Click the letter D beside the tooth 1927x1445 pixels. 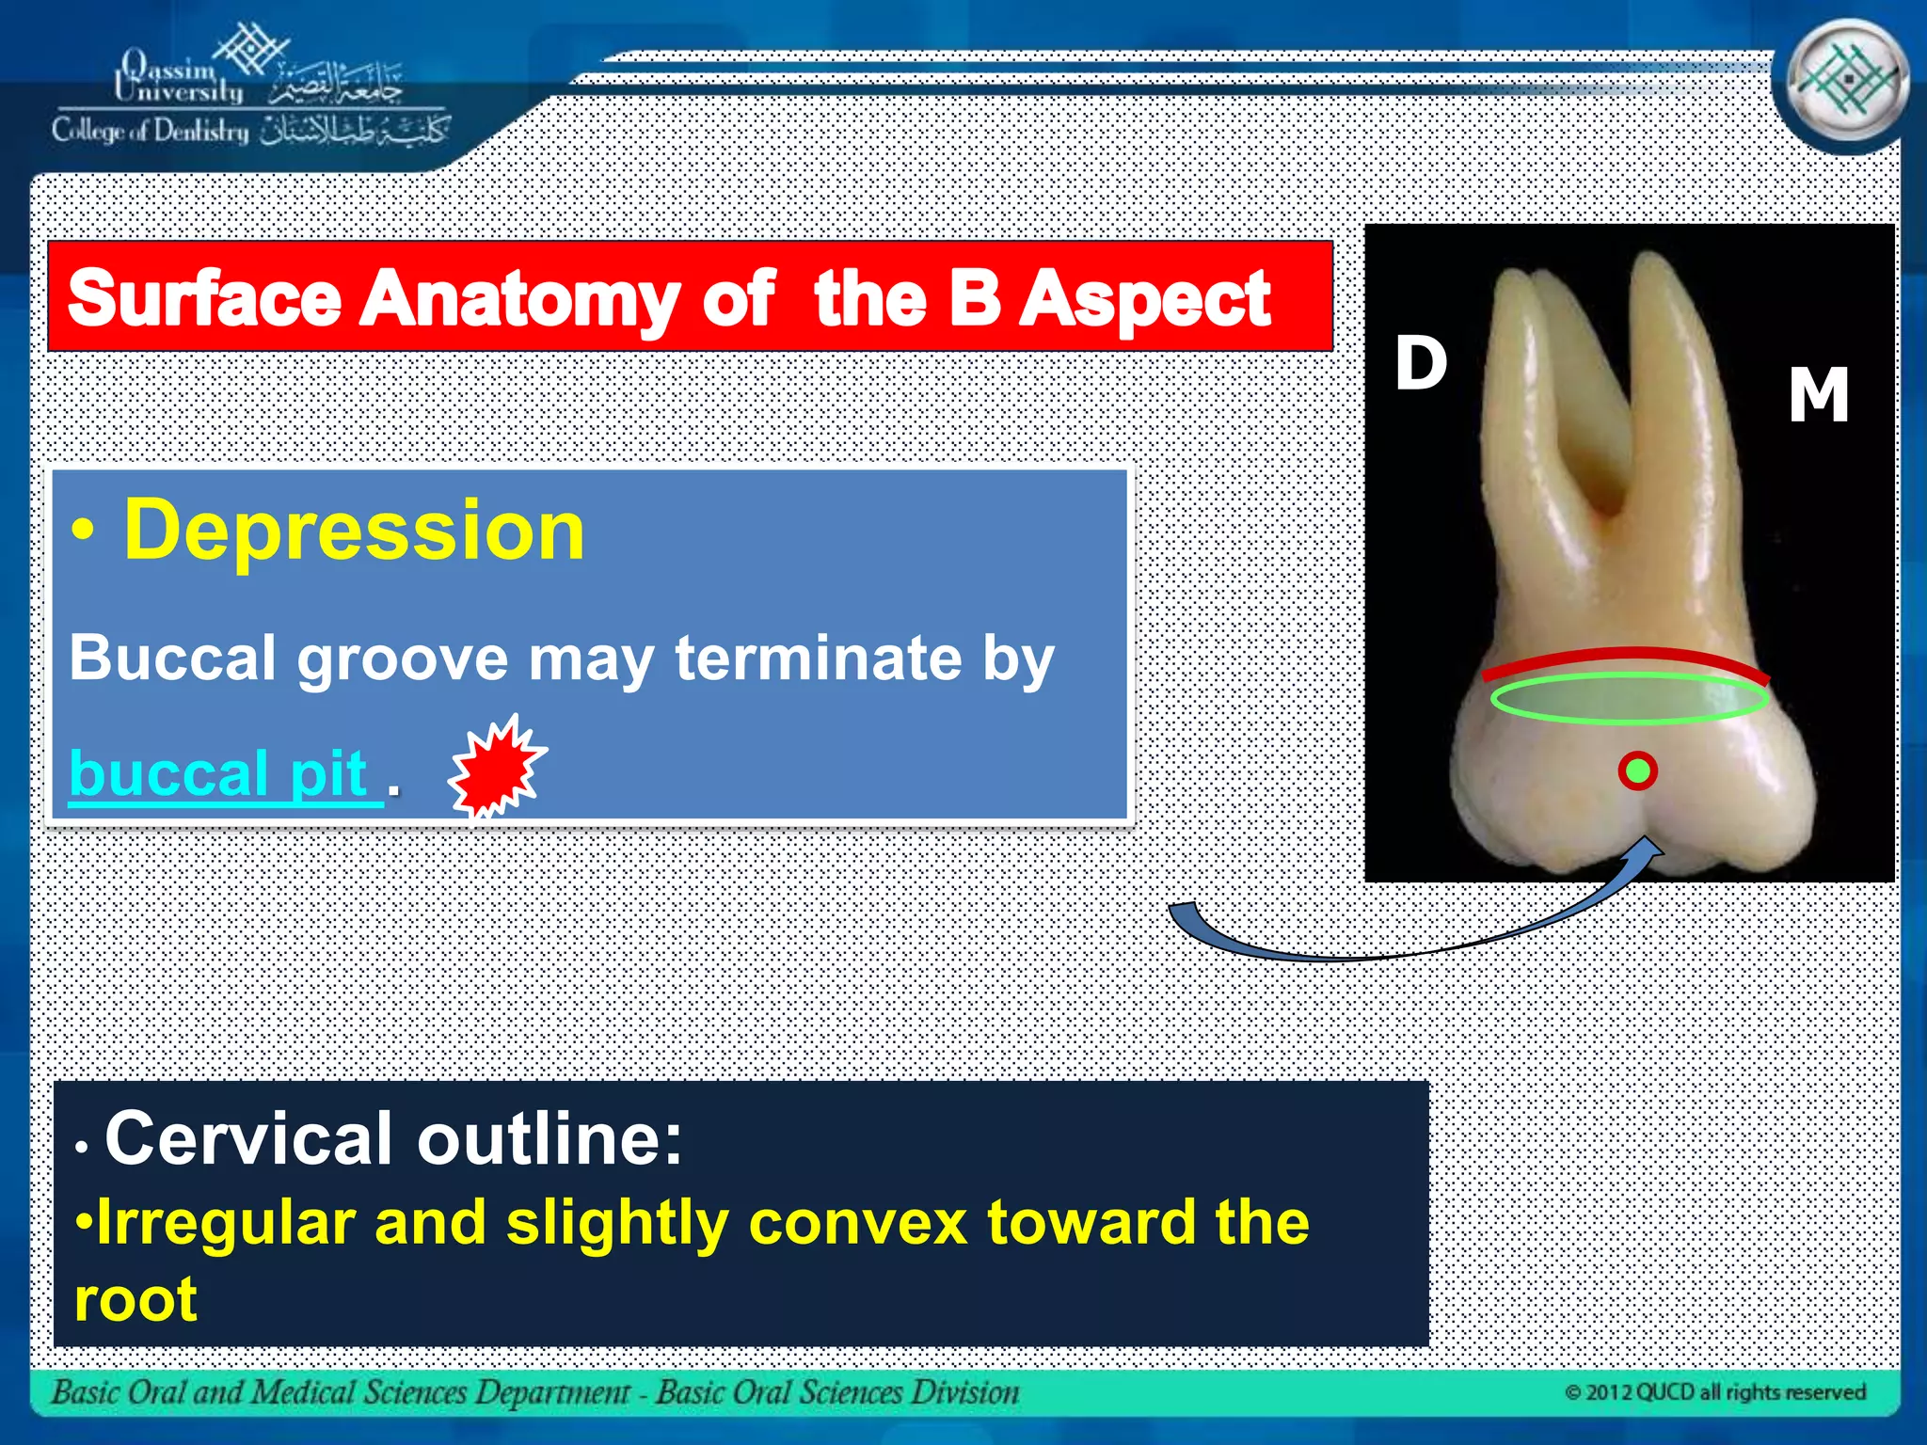pos(1421,363)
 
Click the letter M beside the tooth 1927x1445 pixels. pos(1818,395)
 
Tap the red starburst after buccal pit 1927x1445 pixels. pos(497,767)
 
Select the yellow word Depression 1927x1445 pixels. pos(354,531)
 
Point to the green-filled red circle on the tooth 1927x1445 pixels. pos(1638,771)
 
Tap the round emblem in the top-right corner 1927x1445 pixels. pos(1846,83)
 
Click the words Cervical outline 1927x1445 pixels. pos(393,1138)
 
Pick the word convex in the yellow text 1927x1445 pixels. pos(857,1223)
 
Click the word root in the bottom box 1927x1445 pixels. pos(135,1300)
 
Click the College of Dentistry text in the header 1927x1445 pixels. pos(151,131)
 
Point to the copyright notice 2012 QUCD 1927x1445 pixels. pos(1714,1392)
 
